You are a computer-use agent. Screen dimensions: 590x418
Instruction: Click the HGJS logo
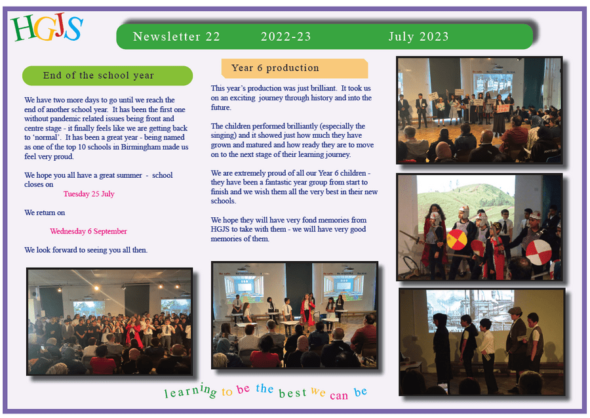(x=47, y=29)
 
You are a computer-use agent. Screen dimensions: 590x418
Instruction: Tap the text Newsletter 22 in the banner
(x=176, y=37)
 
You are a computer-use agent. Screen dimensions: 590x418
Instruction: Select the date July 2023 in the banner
(x=418, y=37)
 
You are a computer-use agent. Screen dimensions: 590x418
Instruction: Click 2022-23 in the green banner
(x=286, y=37)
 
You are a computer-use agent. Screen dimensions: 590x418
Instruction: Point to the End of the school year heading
(x=98, y=75)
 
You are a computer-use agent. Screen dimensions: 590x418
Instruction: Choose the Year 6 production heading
(x=275, y=68)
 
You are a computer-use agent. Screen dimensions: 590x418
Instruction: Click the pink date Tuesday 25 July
(x=88, y=194)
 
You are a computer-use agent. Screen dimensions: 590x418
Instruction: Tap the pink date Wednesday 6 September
(x=88, y=231)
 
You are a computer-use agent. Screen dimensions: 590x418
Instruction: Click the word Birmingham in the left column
(x=147, y=147)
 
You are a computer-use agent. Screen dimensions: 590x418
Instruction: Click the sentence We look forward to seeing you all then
(x=86, y=250)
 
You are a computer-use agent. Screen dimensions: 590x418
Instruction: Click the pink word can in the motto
(x=339, y=396)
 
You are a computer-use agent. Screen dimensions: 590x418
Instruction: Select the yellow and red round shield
(x=457, y=240)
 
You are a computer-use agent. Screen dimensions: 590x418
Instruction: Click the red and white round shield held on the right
(x=538, y=252)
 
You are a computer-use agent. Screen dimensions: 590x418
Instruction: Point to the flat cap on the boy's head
(x=515, y=310)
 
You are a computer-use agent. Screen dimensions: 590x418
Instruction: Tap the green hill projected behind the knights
(x=466, y=203)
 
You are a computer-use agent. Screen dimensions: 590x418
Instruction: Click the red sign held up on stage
(x=503, y=108)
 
